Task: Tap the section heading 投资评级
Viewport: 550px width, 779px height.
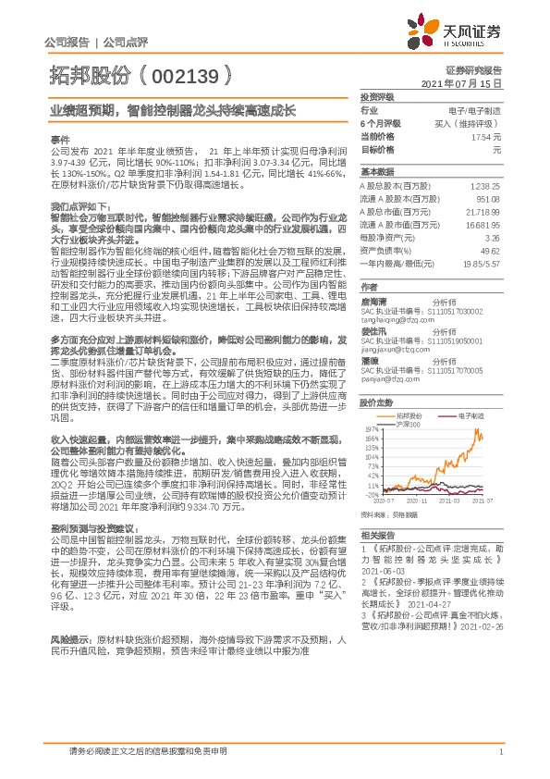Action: (377, 96)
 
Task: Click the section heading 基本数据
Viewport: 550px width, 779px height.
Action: (377, 172)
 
